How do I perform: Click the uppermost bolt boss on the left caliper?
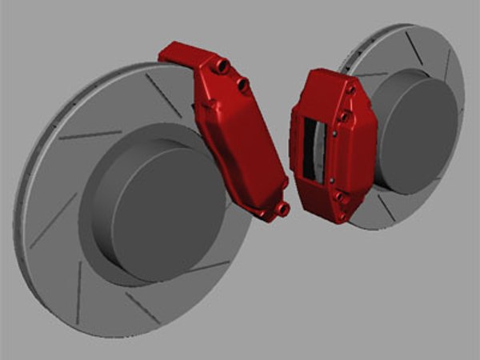pos(222,65)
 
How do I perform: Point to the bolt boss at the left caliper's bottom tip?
pos(282,209)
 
